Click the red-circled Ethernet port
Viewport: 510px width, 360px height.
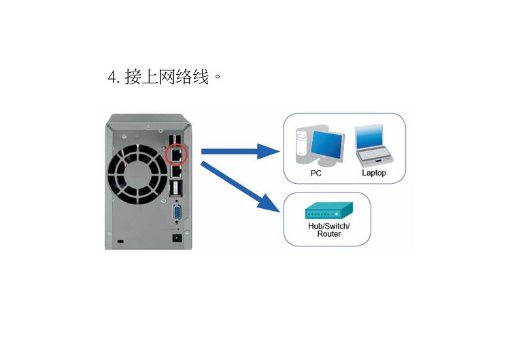click(176, 154)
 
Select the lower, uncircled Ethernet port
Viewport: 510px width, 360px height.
click(176, 171)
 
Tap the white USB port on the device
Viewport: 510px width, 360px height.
click(175, 189)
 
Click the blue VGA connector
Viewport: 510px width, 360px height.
click(177, 213)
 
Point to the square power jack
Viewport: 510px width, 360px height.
click(177, 238)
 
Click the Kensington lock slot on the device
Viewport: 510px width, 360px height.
click(120, 242)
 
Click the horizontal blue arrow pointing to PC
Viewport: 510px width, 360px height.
click(240, 151)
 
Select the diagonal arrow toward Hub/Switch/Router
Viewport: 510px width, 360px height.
click(240, 187)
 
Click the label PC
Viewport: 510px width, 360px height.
click(316, 173)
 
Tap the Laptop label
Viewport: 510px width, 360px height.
click(374, 173)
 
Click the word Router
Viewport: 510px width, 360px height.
click(329, 234)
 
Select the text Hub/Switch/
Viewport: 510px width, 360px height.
click(329, 226)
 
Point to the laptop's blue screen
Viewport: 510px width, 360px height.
click(369, 137)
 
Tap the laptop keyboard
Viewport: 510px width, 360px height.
click(375, 157)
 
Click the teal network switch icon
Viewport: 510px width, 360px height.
click(329, 210)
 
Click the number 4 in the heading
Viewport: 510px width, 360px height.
click(112, 78)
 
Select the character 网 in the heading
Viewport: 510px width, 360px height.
click(167, 77)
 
